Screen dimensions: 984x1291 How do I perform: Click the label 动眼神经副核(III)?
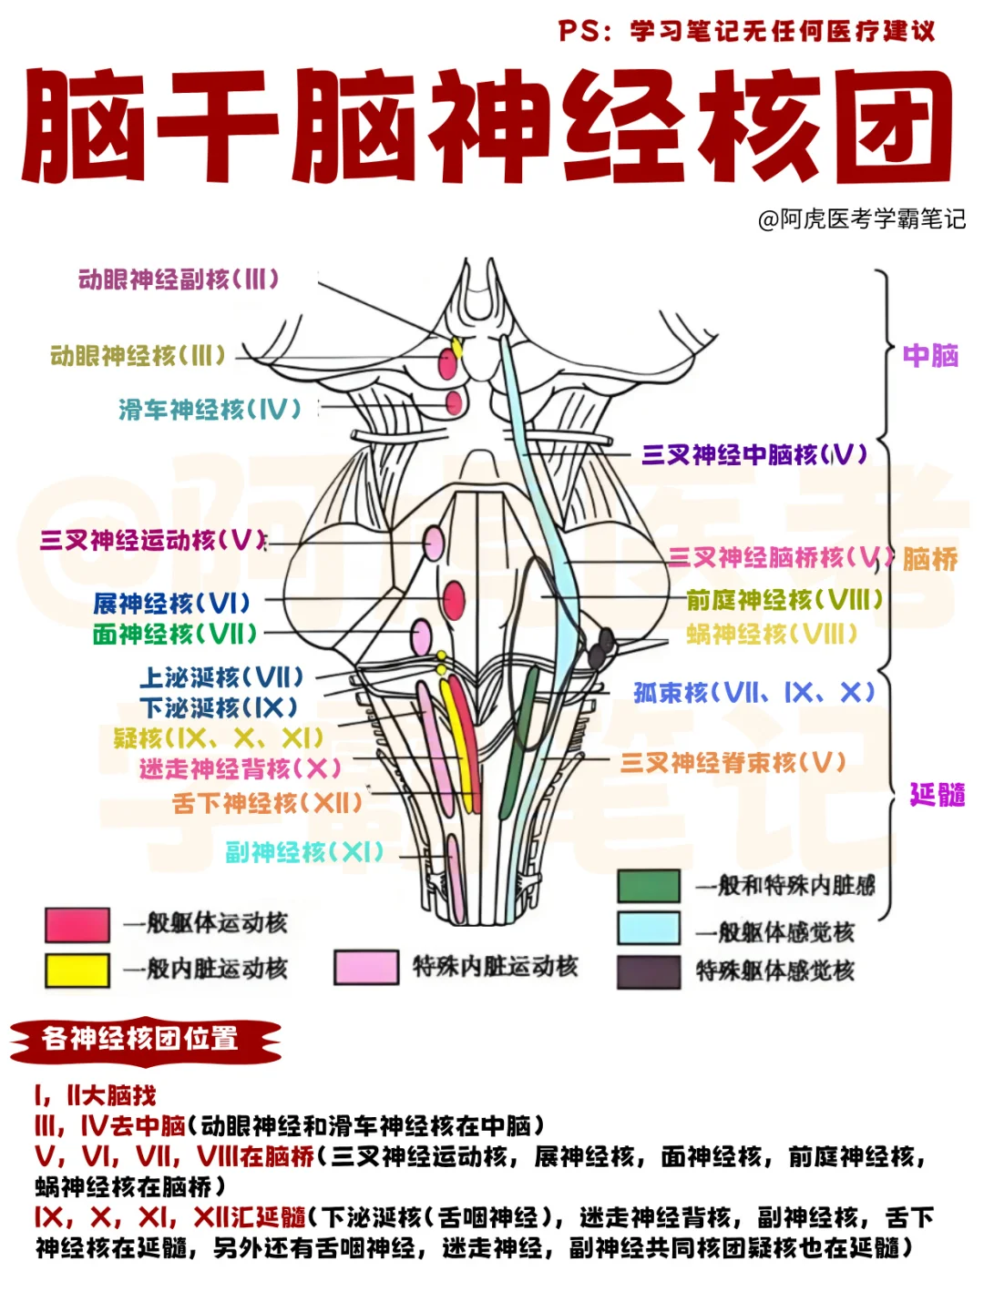point(179,280)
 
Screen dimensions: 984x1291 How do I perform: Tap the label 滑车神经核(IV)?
point(210,410)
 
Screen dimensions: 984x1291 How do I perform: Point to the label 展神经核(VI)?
point(171,603)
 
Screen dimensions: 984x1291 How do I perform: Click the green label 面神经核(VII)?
point(175,634)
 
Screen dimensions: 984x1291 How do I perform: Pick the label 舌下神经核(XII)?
point(268,803)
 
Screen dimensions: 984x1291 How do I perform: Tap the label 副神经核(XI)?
point(304,852)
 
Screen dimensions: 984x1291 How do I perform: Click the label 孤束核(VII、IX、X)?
point(753,693)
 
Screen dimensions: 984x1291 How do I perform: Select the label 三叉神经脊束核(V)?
point(733,763)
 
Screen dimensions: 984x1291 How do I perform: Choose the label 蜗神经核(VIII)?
point(772,634)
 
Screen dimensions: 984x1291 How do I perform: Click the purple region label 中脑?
point(930,355)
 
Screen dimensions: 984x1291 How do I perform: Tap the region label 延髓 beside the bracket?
point(938,795)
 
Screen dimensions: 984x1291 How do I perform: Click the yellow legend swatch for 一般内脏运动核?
point(77,970)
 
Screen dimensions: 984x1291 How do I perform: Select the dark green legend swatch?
point(649,885)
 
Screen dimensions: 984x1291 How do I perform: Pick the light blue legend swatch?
point(649,928)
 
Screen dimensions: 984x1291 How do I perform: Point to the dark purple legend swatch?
point(649,971)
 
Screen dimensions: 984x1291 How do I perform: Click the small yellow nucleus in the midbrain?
point(457,348)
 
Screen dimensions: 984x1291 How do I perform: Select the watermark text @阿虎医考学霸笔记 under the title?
point(861,219)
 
